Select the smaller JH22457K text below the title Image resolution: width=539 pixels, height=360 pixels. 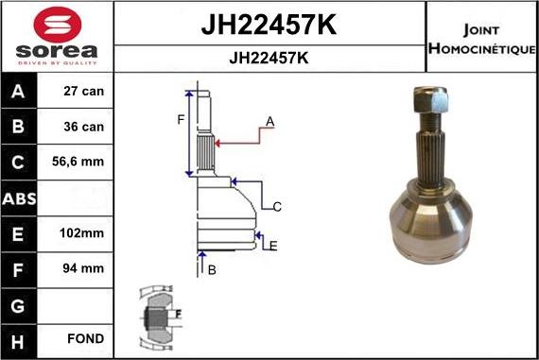pyautogui.click(x=269, y=58)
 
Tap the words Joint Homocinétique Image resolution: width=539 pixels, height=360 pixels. pyautogui.click(x=481, y=38)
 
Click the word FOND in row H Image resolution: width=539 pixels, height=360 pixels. pyautogui.click(x=86, y=337)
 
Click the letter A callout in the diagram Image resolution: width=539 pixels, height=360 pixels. pyautogui.click(x=269, y=122)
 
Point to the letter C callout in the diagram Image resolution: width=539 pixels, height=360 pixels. pyautogui.click(x=278, y=207)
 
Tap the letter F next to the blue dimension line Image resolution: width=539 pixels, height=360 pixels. pyautogui.click(x=180, y=120)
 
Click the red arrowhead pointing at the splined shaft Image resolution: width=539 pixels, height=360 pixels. pyautogui.click(x=219, y=144)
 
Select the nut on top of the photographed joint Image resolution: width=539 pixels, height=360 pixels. pyautogui.click(x=428, y=97)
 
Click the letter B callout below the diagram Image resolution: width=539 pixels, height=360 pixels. pyautogui.click(x=212, y=270)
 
